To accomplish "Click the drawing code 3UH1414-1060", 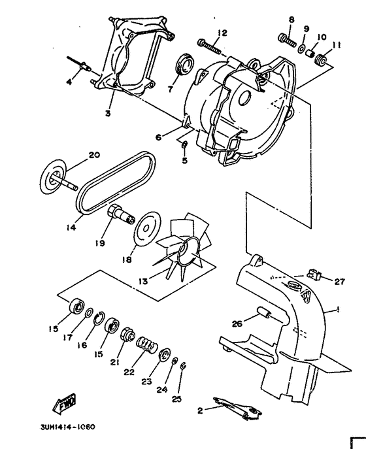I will click(x=68, y=428).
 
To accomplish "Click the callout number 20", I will click(x=94, y=155).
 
